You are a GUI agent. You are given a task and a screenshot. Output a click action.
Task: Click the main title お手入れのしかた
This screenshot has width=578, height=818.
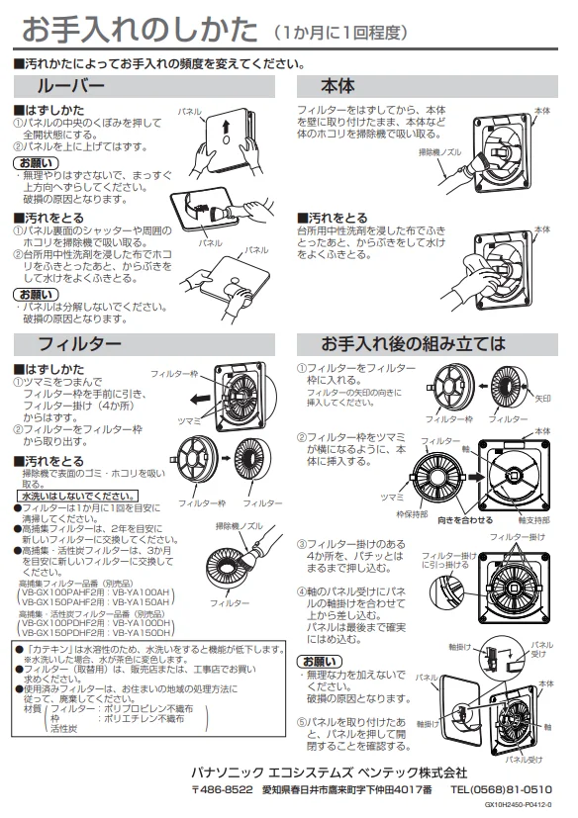click(140, 30)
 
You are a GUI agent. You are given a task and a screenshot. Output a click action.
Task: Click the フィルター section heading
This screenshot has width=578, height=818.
click(79, 344)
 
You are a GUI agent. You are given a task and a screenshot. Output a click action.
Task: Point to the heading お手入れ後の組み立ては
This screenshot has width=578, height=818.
click(413, 344)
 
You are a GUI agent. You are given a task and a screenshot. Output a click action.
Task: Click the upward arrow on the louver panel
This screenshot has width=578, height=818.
click(226, 127)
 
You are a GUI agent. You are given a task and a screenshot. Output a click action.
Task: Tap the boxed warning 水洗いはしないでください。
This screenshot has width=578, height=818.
click(78, 497)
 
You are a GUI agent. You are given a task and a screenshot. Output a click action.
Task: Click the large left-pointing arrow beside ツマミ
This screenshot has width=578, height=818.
click(200, 400)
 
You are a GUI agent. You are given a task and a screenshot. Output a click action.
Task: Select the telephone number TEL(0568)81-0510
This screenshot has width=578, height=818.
click(501, 789)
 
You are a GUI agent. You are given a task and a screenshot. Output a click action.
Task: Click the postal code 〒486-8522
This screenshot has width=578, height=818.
click(223, 789)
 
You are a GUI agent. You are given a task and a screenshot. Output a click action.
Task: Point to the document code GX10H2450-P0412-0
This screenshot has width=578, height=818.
click(518, 805)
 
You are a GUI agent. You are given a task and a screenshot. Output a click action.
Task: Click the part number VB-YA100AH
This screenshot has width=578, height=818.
click(141, 592)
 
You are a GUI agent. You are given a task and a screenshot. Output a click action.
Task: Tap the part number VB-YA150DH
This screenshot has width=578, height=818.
click(141, 633)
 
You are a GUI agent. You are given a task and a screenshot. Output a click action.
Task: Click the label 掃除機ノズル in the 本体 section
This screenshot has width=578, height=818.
click(439, 152)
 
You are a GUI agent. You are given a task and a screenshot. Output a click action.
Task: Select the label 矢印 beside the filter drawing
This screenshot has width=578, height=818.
click(543, 399)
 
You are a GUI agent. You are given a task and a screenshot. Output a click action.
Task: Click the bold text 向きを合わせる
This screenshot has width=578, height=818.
click(465, 519)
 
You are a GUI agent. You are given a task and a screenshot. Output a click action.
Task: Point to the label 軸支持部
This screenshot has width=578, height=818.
click(533, 520)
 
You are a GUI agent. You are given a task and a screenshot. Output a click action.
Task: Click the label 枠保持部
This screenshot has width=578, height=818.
click(412, 514)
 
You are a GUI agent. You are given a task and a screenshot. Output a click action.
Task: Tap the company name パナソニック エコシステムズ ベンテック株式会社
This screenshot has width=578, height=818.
click(329, 773)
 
